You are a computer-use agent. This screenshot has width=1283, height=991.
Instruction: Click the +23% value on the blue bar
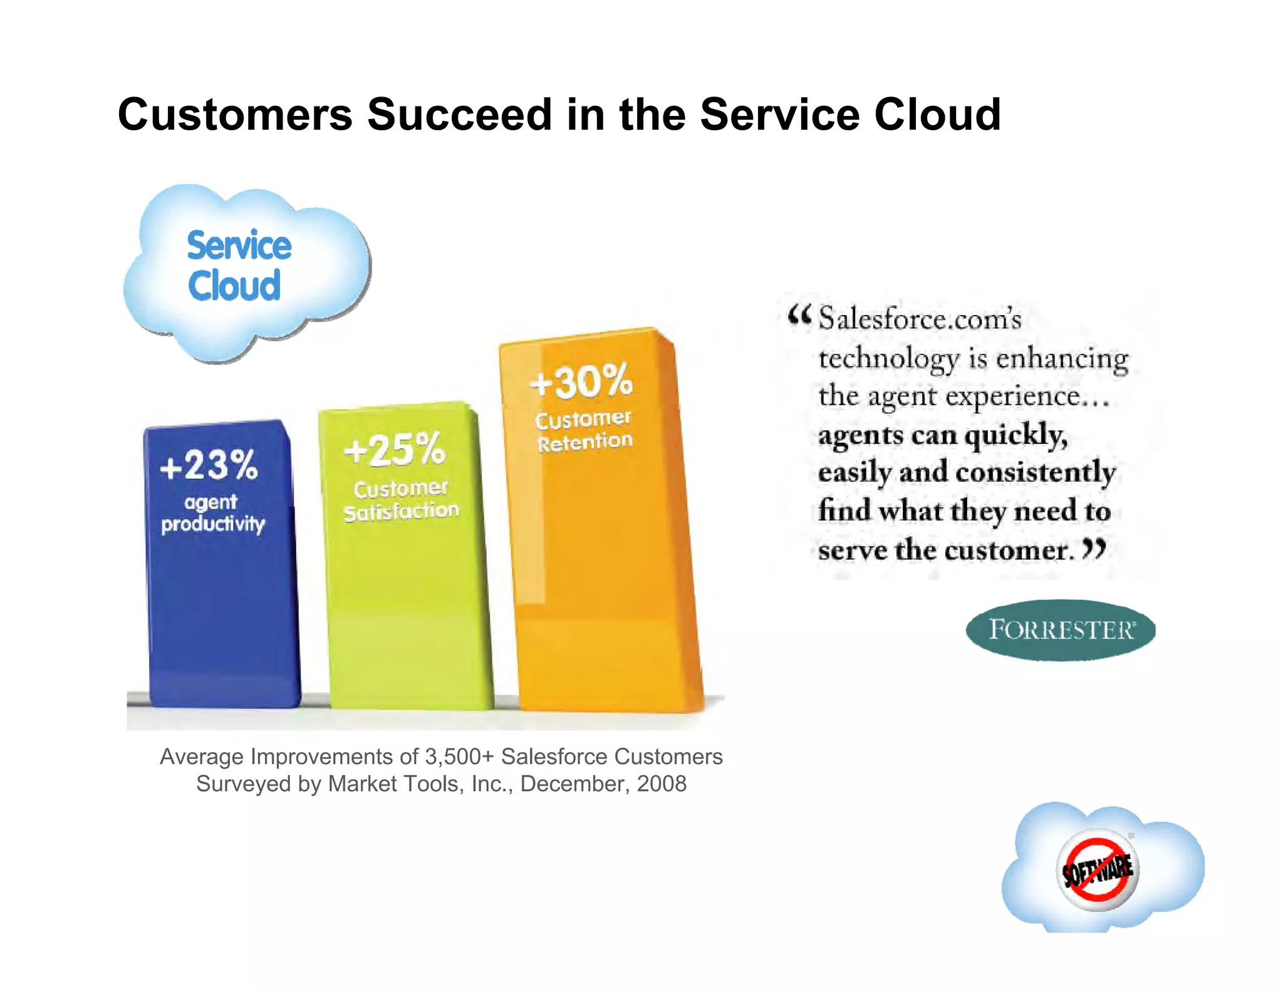tap(209, 465)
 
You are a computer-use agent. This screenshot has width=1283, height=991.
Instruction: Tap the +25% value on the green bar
tap(395, 450)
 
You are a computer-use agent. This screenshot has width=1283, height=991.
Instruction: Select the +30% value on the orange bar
tap(581, 381)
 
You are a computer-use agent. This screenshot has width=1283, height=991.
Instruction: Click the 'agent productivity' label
tap(213, 513)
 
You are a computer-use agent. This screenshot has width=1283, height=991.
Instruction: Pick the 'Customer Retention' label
tap(584, 430)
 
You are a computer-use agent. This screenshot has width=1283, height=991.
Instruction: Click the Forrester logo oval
tap(1061, 630)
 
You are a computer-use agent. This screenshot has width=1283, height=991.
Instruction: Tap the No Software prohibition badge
tap(1098, 869)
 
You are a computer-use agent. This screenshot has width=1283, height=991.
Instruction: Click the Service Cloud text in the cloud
tap(238, 266)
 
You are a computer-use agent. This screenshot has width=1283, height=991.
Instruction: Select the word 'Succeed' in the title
tap(459, 115)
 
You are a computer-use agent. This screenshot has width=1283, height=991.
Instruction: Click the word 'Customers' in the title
tap(235, 115)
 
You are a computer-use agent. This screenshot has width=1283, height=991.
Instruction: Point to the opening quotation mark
tap(799, 315)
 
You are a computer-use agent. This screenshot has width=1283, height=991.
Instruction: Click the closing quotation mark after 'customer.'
tap(1094, 549)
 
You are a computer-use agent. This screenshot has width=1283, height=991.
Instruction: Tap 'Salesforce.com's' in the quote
tap(920, 319)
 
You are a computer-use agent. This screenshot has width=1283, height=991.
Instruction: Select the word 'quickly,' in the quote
tap(1016, 435)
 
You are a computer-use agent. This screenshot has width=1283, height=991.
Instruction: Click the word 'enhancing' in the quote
tap(1062, 359)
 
